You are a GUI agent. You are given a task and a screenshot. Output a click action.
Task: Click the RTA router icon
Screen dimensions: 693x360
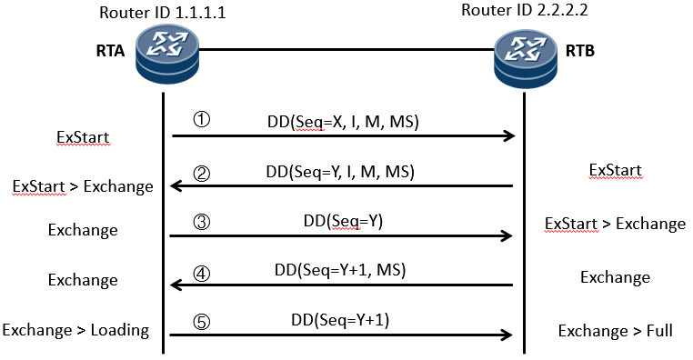coord(167,54)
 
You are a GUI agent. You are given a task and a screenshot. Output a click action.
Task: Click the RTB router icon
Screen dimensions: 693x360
coord(525,58)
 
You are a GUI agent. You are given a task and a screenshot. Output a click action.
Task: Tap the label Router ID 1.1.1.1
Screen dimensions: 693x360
coord(162,13)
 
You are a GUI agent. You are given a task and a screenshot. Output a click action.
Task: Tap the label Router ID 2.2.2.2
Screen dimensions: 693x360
coord(525,10)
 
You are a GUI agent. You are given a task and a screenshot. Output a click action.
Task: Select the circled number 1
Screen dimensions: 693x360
coord(202,120)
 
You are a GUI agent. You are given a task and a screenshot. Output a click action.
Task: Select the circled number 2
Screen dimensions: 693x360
coord(202,174)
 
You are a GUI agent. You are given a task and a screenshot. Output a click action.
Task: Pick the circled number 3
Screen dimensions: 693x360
coord(202,222)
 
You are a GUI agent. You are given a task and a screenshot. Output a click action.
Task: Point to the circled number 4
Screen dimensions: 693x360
coord(202,274)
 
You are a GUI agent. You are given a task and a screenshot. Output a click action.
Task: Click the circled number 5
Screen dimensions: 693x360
coord(202,322)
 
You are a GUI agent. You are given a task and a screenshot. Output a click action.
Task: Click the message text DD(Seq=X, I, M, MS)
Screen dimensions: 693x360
coord(343,122)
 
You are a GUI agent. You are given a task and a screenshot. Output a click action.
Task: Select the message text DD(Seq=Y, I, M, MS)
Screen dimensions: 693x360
coord(340,172)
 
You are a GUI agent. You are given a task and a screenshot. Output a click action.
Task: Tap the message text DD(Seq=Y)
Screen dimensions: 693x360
coord(343,220)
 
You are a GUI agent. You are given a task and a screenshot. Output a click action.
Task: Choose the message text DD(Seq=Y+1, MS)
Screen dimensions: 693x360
coord(340,269)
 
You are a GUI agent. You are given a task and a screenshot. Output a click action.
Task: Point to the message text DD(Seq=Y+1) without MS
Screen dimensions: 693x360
coord(340,320)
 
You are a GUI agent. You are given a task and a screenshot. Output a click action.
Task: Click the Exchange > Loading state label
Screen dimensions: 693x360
coord(75,330)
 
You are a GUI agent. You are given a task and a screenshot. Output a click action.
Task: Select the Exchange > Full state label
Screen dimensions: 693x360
coord(615,331)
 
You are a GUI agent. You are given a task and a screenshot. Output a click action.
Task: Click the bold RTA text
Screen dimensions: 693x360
coord(110,51)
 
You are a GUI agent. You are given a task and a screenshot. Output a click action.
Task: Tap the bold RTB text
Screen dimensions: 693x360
coord(580,51)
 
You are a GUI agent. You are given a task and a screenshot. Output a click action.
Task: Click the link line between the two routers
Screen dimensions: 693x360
coord(346,49)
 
